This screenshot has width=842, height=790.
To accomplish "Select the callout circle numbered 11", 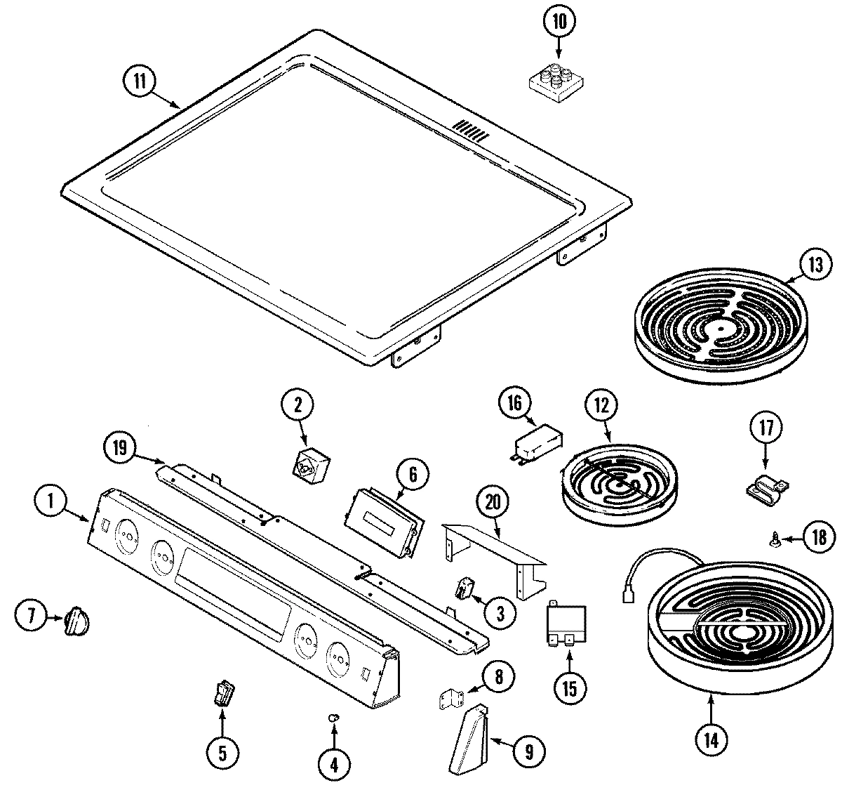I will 140,80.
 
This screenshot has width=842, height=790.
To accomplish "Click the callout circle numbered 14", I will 711,739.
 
